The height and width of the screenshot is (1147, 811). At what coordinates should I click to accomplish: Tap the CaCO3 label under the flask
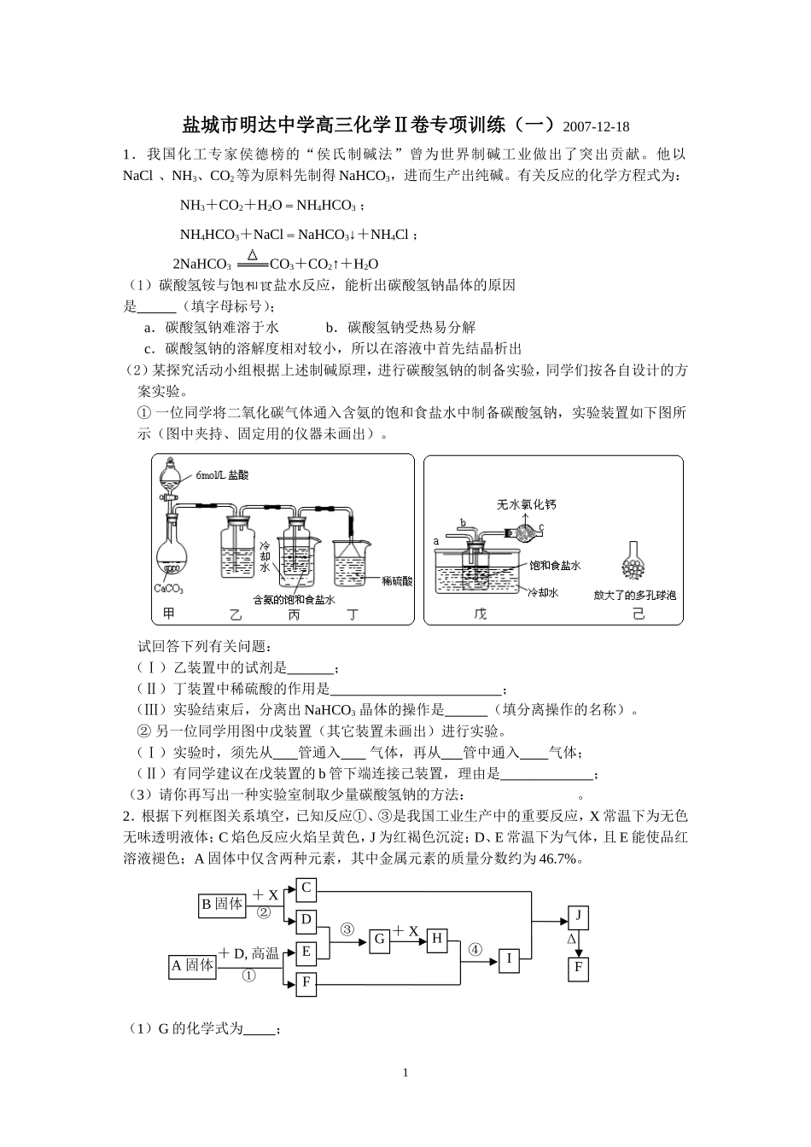[169, 589]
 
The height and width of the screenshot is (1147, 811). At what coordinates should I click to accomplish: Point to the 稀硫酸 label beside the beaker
[397, 580]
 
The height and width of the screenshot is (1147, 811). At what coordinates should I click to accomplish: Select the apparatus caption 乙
[236, 614]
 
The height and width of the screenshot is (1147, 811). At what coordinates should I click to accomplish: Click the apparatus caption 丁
[353, 614]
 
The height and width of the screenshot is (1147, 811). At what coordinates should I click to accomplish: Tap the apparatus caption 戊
[480, 614]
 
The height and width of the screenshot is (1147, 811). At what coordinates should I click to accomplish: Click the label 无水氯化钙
[526, 504]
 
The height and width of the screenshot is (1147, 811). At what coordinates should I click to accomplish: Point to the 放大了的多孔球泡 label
[634, 595]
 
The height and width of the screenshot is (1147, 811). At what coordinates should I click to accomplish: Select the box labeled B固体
[222, 904]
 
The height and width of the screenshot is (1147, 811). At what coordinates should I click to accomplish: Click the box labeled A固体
[192, 965]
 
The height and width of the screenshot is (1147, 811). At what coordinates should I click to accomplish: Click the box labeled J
[578, 917]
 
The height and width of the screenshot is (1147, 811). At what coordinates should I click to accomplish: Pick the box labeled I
[509, 958]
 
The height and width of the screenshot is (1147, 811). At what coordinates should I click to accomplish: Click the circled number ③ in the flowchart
[347, 929]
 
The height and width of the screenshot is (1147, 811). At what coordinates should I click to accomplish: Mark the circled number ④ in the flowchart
[476, 949]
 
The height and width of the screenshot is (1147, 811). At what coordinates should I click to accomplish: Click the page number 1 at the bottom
[405, 1073]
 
